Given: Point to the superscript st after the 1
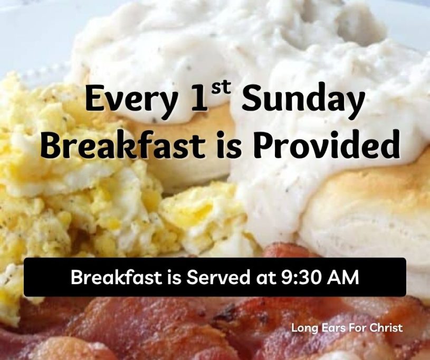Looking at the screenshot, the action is click(x=219, y=89).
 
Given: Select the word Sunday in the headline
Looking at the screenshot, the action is click(x=303, y=101).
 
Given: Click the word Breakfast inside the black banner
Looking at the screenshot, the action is click(x=116, y=277).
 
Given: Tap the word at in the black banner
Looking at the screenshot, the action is click(x=265, y=278).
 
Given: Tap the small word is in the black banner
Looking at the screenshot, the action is click(x=174, y=277).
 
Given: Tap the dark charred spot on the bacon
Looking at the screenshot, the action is click(x=225, y=316).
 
